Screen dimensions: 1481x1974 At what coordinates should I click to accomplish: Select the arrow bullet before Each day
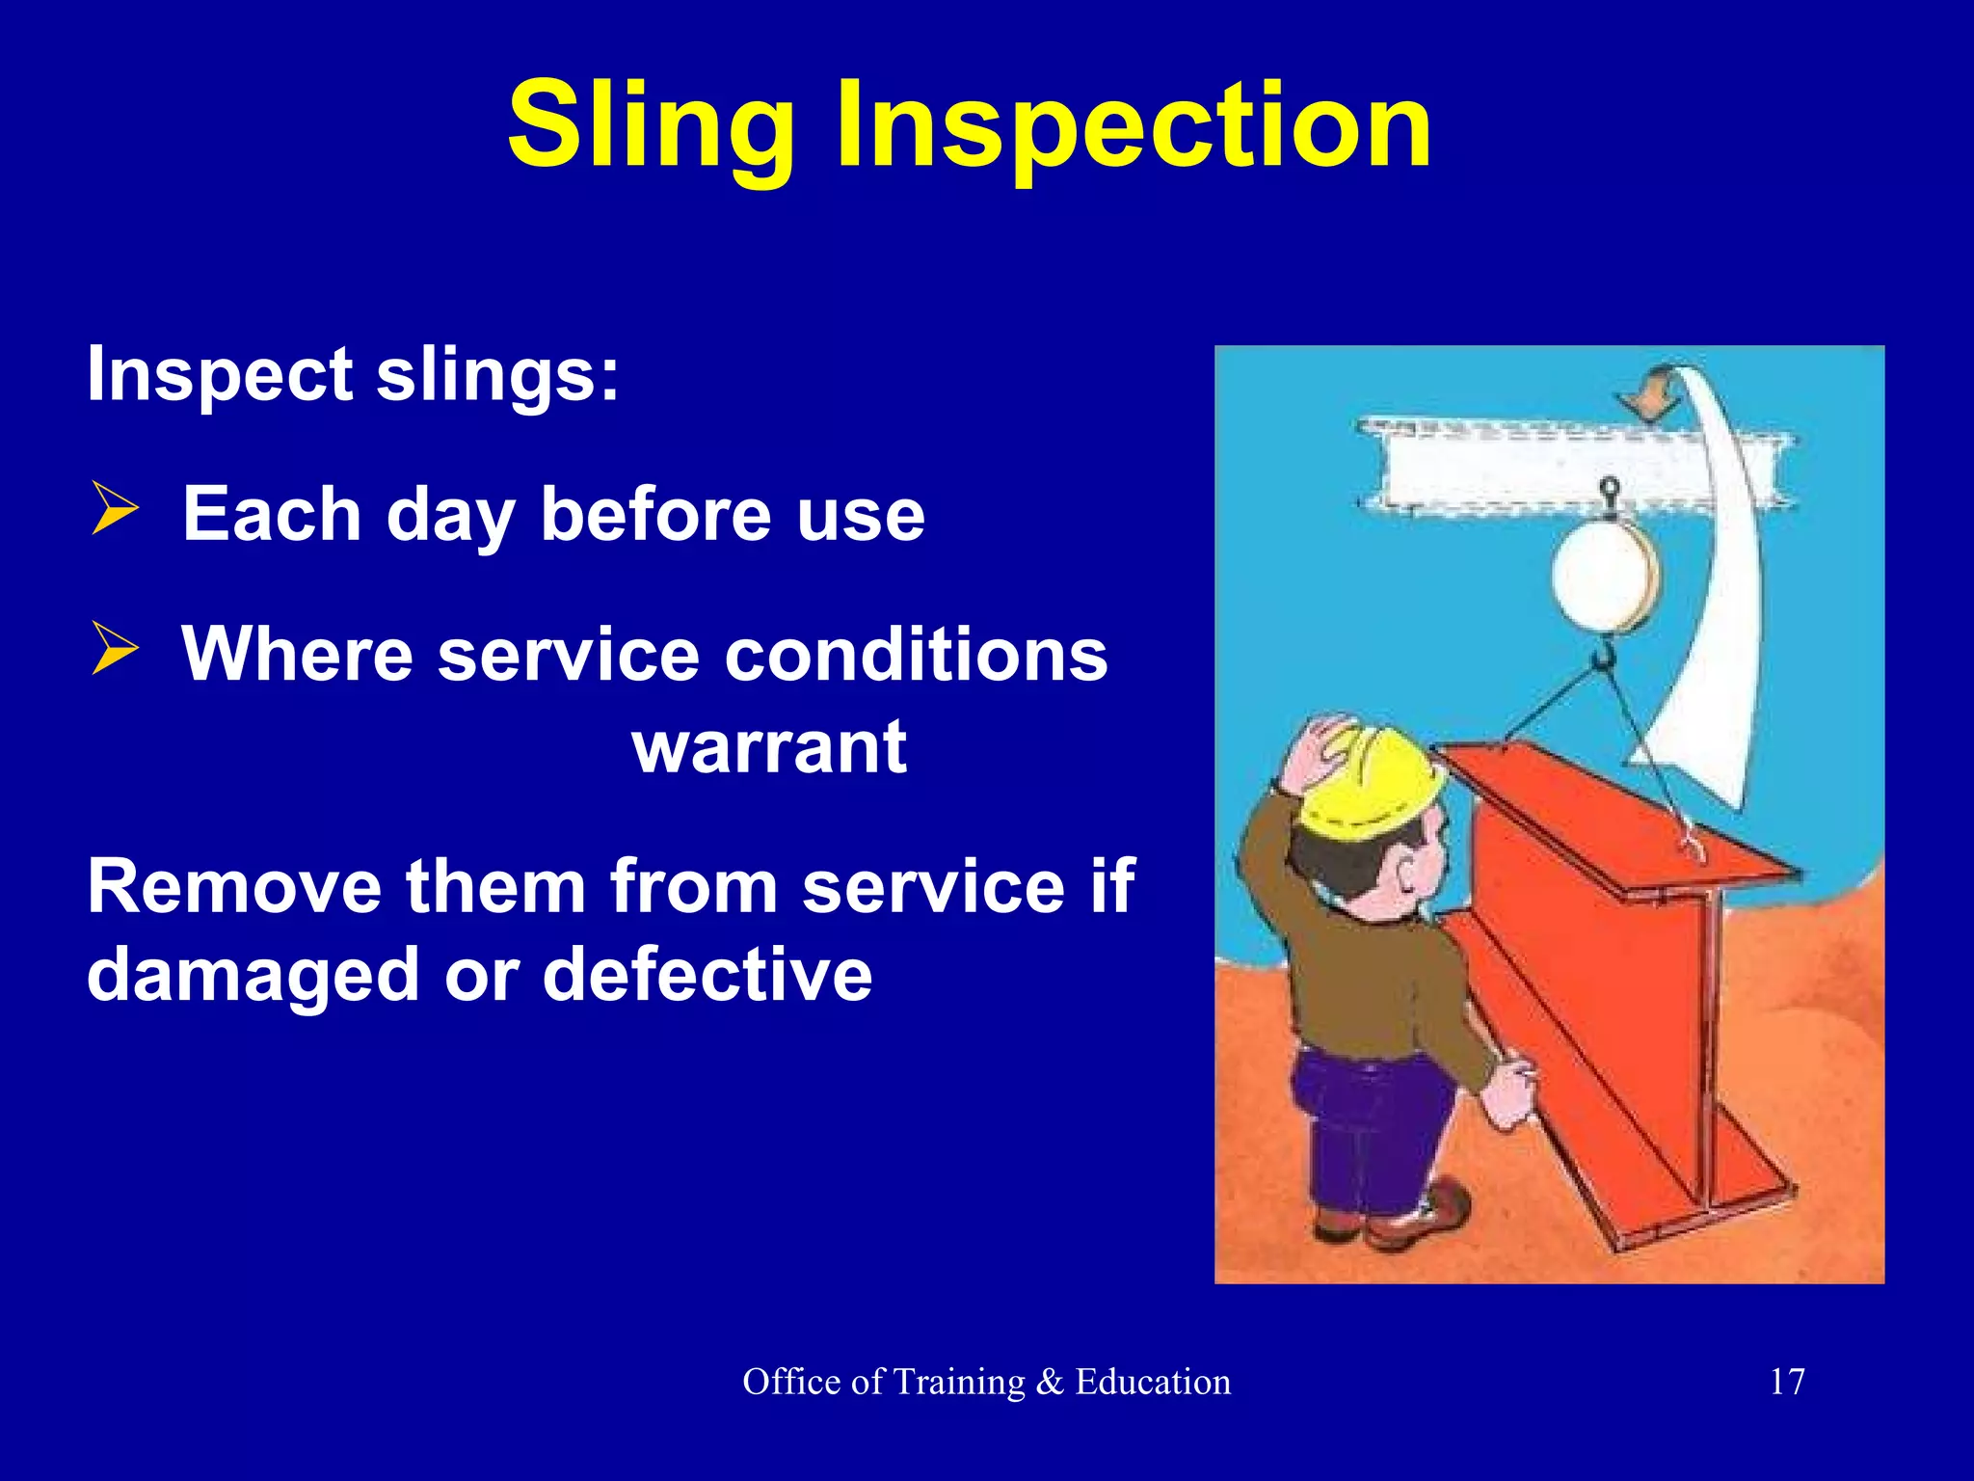[116, 511]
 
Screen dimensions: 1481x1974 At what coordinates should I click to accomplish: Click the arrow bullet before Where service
[116, 649]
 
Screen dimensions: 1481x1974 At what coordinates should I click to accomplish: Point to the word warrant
[769, 747]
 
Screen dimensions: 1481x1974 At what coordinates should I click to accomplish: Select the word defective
[707, 974]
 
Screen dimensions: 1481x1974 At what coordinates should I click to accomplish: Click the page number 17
[1787, 1382]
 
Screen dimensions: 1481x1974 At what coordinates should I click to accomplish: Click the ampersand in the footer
[1049, 1382]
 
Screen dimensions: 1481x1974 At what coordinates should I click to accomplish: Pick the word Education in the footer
[1153, 1382]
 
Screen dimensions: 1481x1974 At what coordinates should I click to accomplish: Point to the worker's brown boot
[1427, 1220]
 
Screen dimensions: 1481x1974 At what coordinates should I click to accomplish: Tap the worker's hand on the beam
[1509, 1094]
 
